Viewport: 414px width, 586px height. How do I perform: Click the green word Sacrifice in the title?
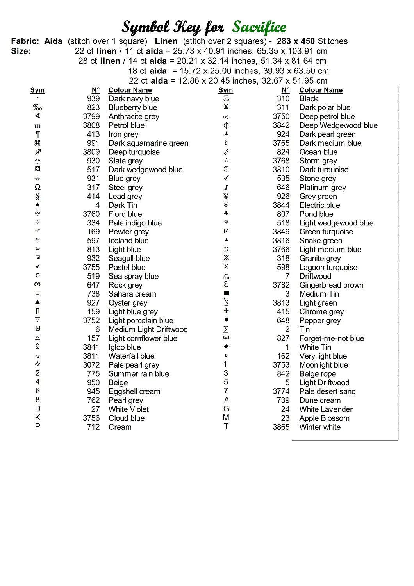pyautogui.click(x=259, y=27)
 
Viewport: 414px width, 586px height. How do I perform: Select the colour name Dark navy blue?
pyautogui.click(x=134, y=99)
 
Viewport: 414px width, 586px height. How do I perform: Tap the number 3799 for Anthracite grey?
pyautogui.click(x=91, y=116)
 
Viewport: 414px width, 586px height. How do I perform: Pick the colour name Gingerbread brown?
pyautogui.click(x=331, y=285)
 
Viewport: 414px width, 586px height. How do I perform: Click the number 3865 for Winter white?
pyautogui.click(x=281, y=427)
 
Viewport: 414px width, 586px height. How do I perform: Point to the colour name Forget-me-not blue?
pyautogui.click(x=332, y=338)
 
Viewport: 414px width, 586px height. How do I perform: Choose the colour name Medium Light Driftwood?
pyautogui.click(x=148, y=329)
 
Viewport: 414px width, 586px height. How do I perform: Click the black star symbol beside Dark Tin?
pyautogui.click(x=37, y=205)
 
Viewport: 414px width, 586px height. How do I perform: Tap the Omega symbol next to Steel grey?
pyautogui.click(x=37, y=188)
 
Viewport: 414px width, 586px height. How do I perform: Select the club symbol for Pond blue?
pyautogui.click(x=226, y=214)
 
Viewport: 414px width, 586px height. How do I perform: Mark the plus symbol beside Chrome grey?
pyautogui.click(x=226, y=311)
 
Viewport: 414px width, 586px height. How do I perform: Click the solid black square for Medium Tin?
pyautogui.click(x=226, y=293)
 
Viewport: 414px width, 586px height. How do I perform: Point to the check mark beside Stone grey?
pyautogui.click(x=226, y=178)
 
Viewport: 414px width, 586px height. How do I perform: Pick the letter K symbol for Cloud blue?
pyautogui.click(x=37, y=418)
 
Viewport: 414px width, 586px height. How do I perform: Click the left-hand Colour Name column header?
pyautogui.click(x=130, y=90)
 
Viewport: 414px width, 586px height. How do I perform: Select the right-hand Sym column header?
pyautogui.click(x=226, y=90)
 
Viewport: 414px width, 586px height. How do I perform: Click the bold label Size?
pyautogui.click(x=21, y=51)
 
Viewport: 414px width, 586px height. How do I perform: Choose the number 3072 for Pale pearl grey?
pyautogui.click(x=91, y=365)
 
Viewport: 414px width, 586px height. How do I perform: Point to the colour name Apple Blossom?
pyautogui.click(x=324, y=418)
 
